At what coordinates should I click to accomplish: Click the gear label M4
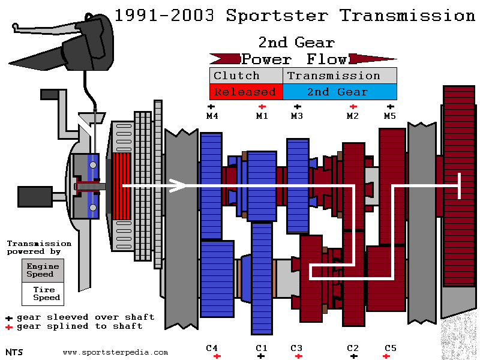pyautogui.click(x=212, y=115)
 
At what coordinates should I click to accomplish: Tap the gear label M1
pyautogui.click(x=262, y=115)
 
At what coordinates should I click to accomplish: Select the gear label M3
pyautogui.click(x=297, y=115)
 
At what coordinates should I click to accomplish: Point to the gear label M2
pyautogui.click(x=353, y=115)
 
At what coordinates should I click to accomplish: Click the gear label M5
pyautogui.click(x=390, y=115)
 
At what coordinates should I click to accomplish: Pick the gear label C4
pyautogui.click(x=212, y=347)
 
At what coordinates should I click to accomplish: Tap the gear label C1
pyautogui.click(x=261, y=347)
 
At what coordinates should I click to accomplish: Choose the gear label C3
pyautogui.click(x=296, y=347)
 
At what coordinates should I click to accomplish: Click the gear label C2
pyautogui.click(x=353, y=347)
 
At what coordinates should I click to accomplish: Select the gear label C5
pyautogui.click(x=391, y=347)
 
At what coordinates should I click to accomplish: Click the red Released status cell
pyautogui.click(x=245, y=92)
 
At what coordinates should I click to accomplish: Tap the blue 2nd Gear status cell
pyautogui.click(x=339, y=92)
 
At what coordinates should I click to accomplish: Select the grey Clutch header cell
pyautogui.click(x=237, y=76)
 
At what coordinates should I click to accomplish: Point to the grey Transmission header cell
pyautogui.click(x=334, y=76)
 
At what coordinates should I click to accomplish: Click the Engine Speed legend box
pyautogui.click(x=43, y=270)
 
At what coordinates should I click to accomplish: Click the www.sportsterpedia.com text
pyautogui.click(x=115, y=352)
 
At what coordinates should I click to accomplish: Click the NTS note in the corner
pyautogui.click(x=14, y=352)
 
